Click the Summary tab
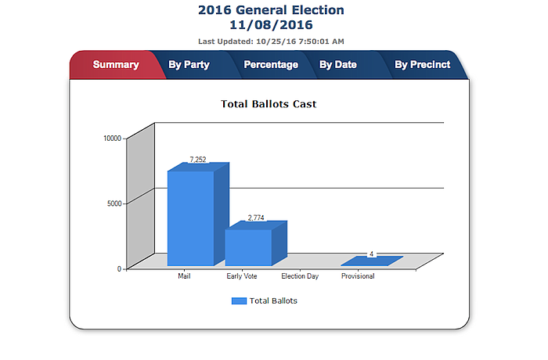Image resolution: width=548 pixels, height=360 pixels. tap(115, 65)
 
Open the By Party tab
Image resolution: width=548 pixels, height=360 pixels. tap(189, 65)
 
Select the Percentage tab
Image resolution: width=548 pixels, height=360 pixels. tap(271, 65)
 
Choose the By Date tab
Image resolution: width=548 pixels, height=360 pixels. tap(338, 65)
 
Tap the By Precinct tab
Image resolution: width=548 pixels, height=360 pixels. tap(422, 65)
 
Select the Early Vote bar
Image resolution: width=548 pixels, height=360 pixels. tap(248, 247)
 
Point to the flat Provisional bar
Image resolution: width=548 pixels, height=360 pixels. tap(373, 261)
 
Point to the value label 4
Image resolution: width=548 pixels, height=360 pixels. tap(371, 254)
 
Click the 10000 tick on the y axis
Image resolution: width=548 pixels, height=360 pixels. tap(113, 139)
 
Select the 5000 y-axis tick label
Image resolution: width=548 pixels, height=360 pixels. tap(114, 203)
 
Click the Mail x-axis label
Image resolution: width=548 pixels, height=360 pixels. tap(185, 276)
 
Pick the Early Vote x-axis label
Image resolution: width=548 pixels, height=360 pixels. tap(242, 276)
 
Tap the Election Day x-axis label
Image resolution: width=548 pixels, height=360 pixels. tap(300, 276)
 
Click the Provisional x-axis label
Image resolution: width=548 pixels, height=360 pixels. tap(358, 276)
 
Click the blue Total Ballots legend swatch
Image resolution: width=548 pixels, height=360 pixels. tap(239, 301)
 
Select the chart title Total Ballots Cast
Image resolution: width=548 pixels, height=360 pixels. tap(269, 103)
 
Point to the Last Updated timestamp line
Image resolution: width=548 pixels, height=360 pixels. tap(271, 41)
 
